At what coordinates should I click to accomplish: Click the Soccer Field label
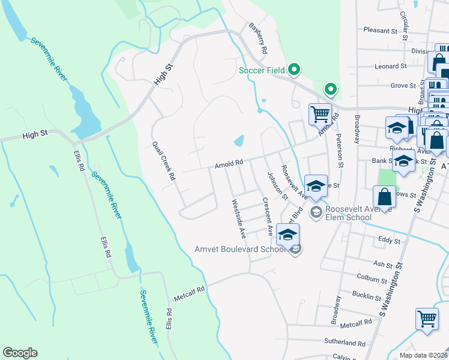262,70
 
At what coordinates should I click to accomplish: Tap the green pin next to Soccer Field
294,70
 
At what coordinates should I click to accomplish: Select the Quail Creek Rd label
163,161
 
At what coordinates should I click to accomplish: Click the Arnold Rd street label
229,163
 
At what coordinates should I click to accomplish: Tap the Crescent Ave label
267,215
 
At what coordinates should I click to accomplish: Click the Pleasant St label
381,30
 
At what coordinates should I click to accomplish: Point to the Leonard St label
391,66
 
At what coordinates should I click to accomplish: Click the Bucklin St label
367,295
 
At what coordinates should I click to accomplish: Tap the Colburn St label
372,280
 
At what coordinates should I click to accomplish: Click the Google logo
20,353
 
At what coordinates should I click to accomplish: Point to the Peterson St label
340,153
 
